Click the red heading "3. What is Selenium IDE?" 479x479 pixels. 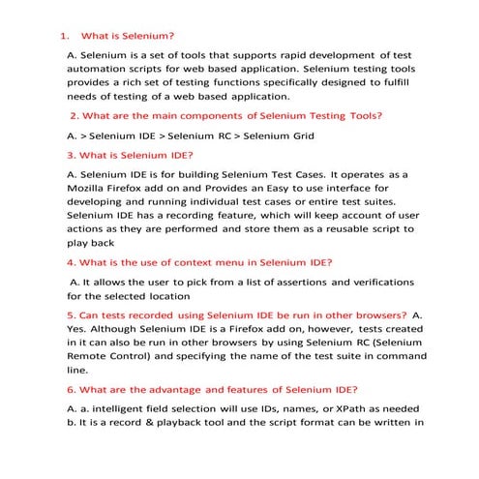[130, 154]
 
